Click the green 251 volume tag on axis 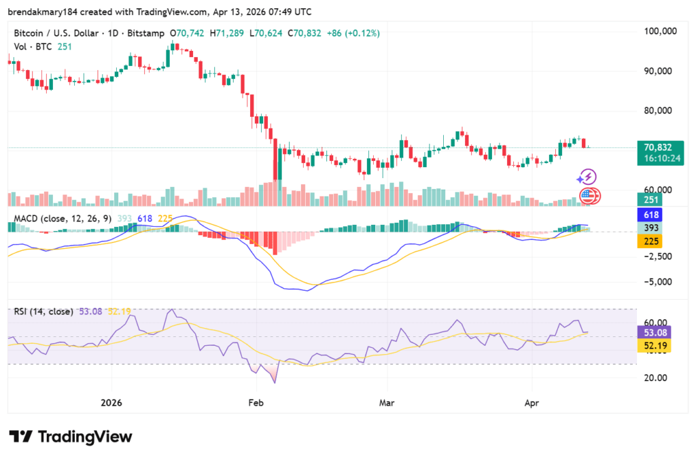click(650, 198)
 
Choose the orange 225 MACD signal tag click(650, 241)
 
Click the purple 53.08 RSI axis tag click(653, 332)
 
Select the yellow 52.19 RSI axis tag click(653, 346)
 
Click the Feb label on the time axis click(256, 402)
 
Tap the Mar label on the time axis click(387, 402)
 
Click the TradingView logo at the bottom click(70, 437)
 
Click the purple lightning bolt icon click(587, 177)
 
